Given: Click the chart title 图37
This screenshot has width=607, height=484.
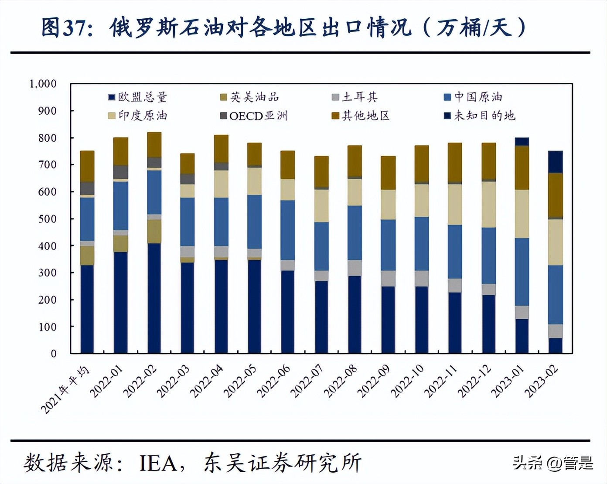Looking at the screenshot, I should pyautogui.click(x=283, y=27).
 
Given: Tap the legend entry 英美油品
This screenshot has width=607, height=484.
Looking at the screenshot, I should pyautogui.click(x=250, y=97).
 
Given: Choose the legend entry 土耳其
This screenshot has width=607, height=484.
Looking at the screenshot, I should pyautogui.click(x=355, y=97).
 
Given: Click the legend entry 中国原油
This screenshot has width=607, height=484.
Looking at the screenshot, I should pyautogui.click(x=473, y=97).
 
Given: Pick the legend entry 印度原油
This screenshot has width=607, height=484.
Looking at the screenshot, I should pyautogui.click(x=138, y=116).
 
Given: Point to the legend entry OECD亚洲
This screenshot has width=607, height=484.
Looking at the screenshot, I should pyautogui.click(x=254, y=116).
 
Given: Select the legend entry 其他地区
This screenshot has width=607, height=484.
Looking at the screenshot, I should pyautogui.click(x=361, y=116).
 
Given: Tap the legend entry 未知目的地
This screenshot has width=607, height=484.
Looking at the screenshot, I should pyautogui.click(x=480, y=116).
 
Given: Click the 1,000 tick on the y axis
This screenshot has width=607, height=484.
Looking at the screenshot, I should pyautogui.click(x=43, y=83).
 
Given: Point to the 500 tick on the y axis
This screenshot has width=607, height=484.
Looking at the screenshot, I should pyautogui.click(x=47, y=218).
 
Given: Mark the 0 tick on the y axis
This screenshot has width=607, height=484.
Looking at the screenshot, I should pyautogui.click(x=53, y=354).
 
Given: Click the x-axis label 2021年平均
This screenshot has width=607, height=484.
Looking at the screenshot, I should pyautogui.click(x=65, y=389).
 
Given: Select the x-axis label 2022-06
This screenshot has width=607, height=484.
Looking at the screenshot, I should pyautogui.click(x=274, y=381).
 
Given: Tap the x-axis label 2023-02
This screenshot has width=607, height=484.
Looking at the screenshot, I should pyautogui.click(x=542, y=381).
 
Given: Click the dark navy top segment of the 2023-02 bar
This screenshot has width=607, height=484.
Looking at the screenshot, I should pyautogui.click(x=555, y=162).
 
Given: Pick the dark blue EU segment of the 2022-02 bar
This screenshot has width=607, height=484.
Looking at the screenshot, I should pyautogui.click(x=154, y=298).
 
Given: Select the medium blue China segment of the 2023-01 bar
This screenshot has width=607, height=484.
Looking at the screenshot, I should pyautogui.click(x=522, y=272).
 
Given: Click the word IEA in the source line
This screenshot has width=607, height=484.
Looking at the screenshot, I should pyautogui.click(x=158, y=463).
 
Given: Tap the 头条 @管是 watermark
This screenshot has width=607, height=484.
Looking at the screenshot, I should pyautogui.click(x=552, y=463).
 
